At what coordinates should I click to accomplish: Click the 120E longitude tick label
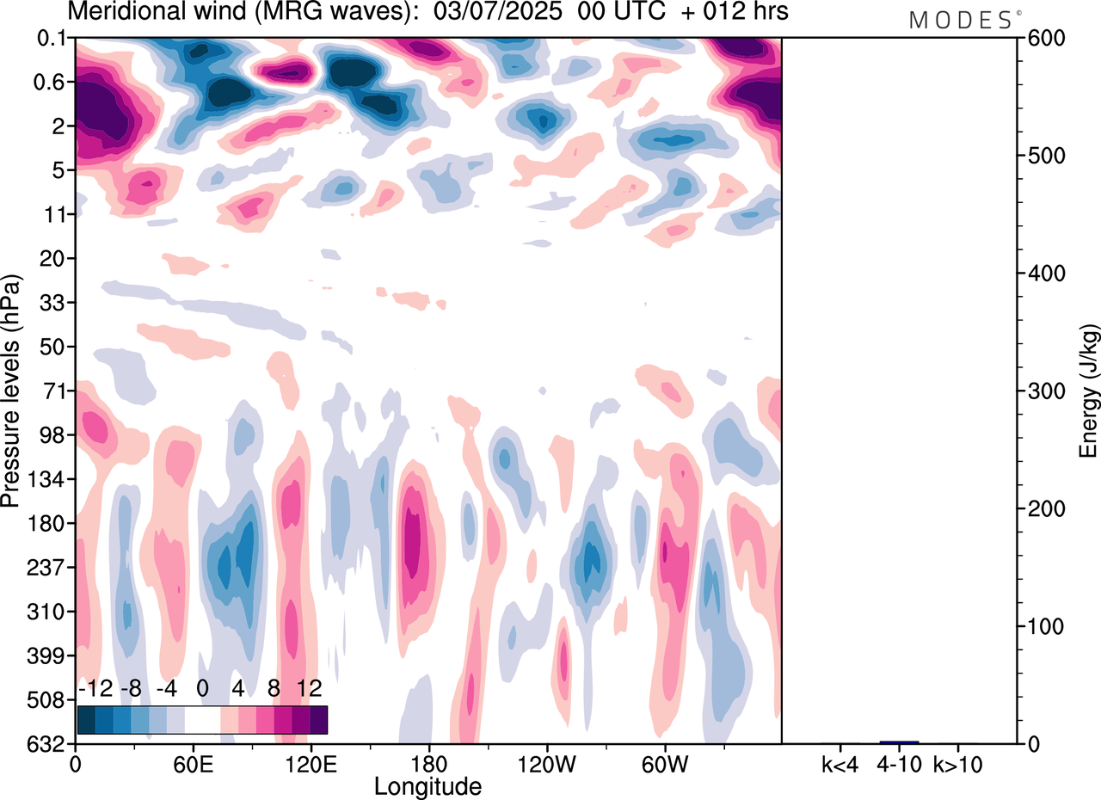tap(311, 762)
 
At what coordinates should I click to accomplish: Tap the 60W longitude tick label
tap(663, 762)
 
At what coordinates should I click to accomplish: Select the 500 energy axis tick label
tap(1042, 157)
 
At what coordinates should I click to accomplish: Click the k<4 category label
tap(839, 762)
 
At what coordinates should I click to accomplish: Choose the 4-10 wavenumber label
tap(899, 762)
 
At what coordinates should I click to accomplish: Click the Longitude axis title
tap(427, 785)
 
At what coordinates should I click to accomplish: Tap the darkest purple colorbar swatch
tap(318, 719)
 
